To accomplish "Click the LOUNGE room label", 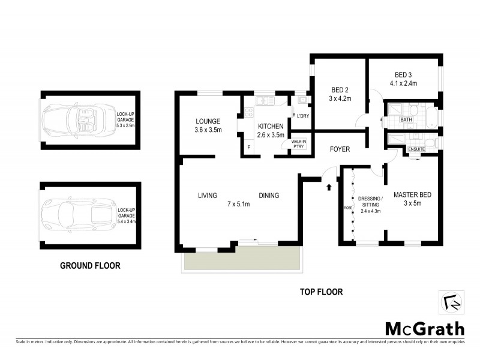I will pos(208,121).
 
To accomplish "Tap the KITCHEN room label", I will pos(270,127).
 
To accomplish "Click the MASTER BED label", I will pos(412,195).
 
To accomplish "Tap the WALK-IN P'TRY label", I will pos(298,145).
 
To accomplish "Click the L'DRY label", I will pos(302,116).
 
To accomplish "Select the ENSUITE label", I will pos(416,149).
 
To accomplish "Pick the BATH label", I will pos(406,119).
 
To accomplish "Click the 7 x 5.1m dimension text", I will pos(238,205).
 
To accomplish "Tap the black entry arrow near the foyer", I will pos(329,187).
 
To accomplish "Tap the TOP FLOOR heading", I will pos(321,292).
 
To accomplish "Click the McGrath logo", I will pos(424,328).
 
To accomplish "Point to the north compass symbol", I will pos(453,303).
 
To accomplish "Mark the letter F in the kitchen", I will pos(248,147).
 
